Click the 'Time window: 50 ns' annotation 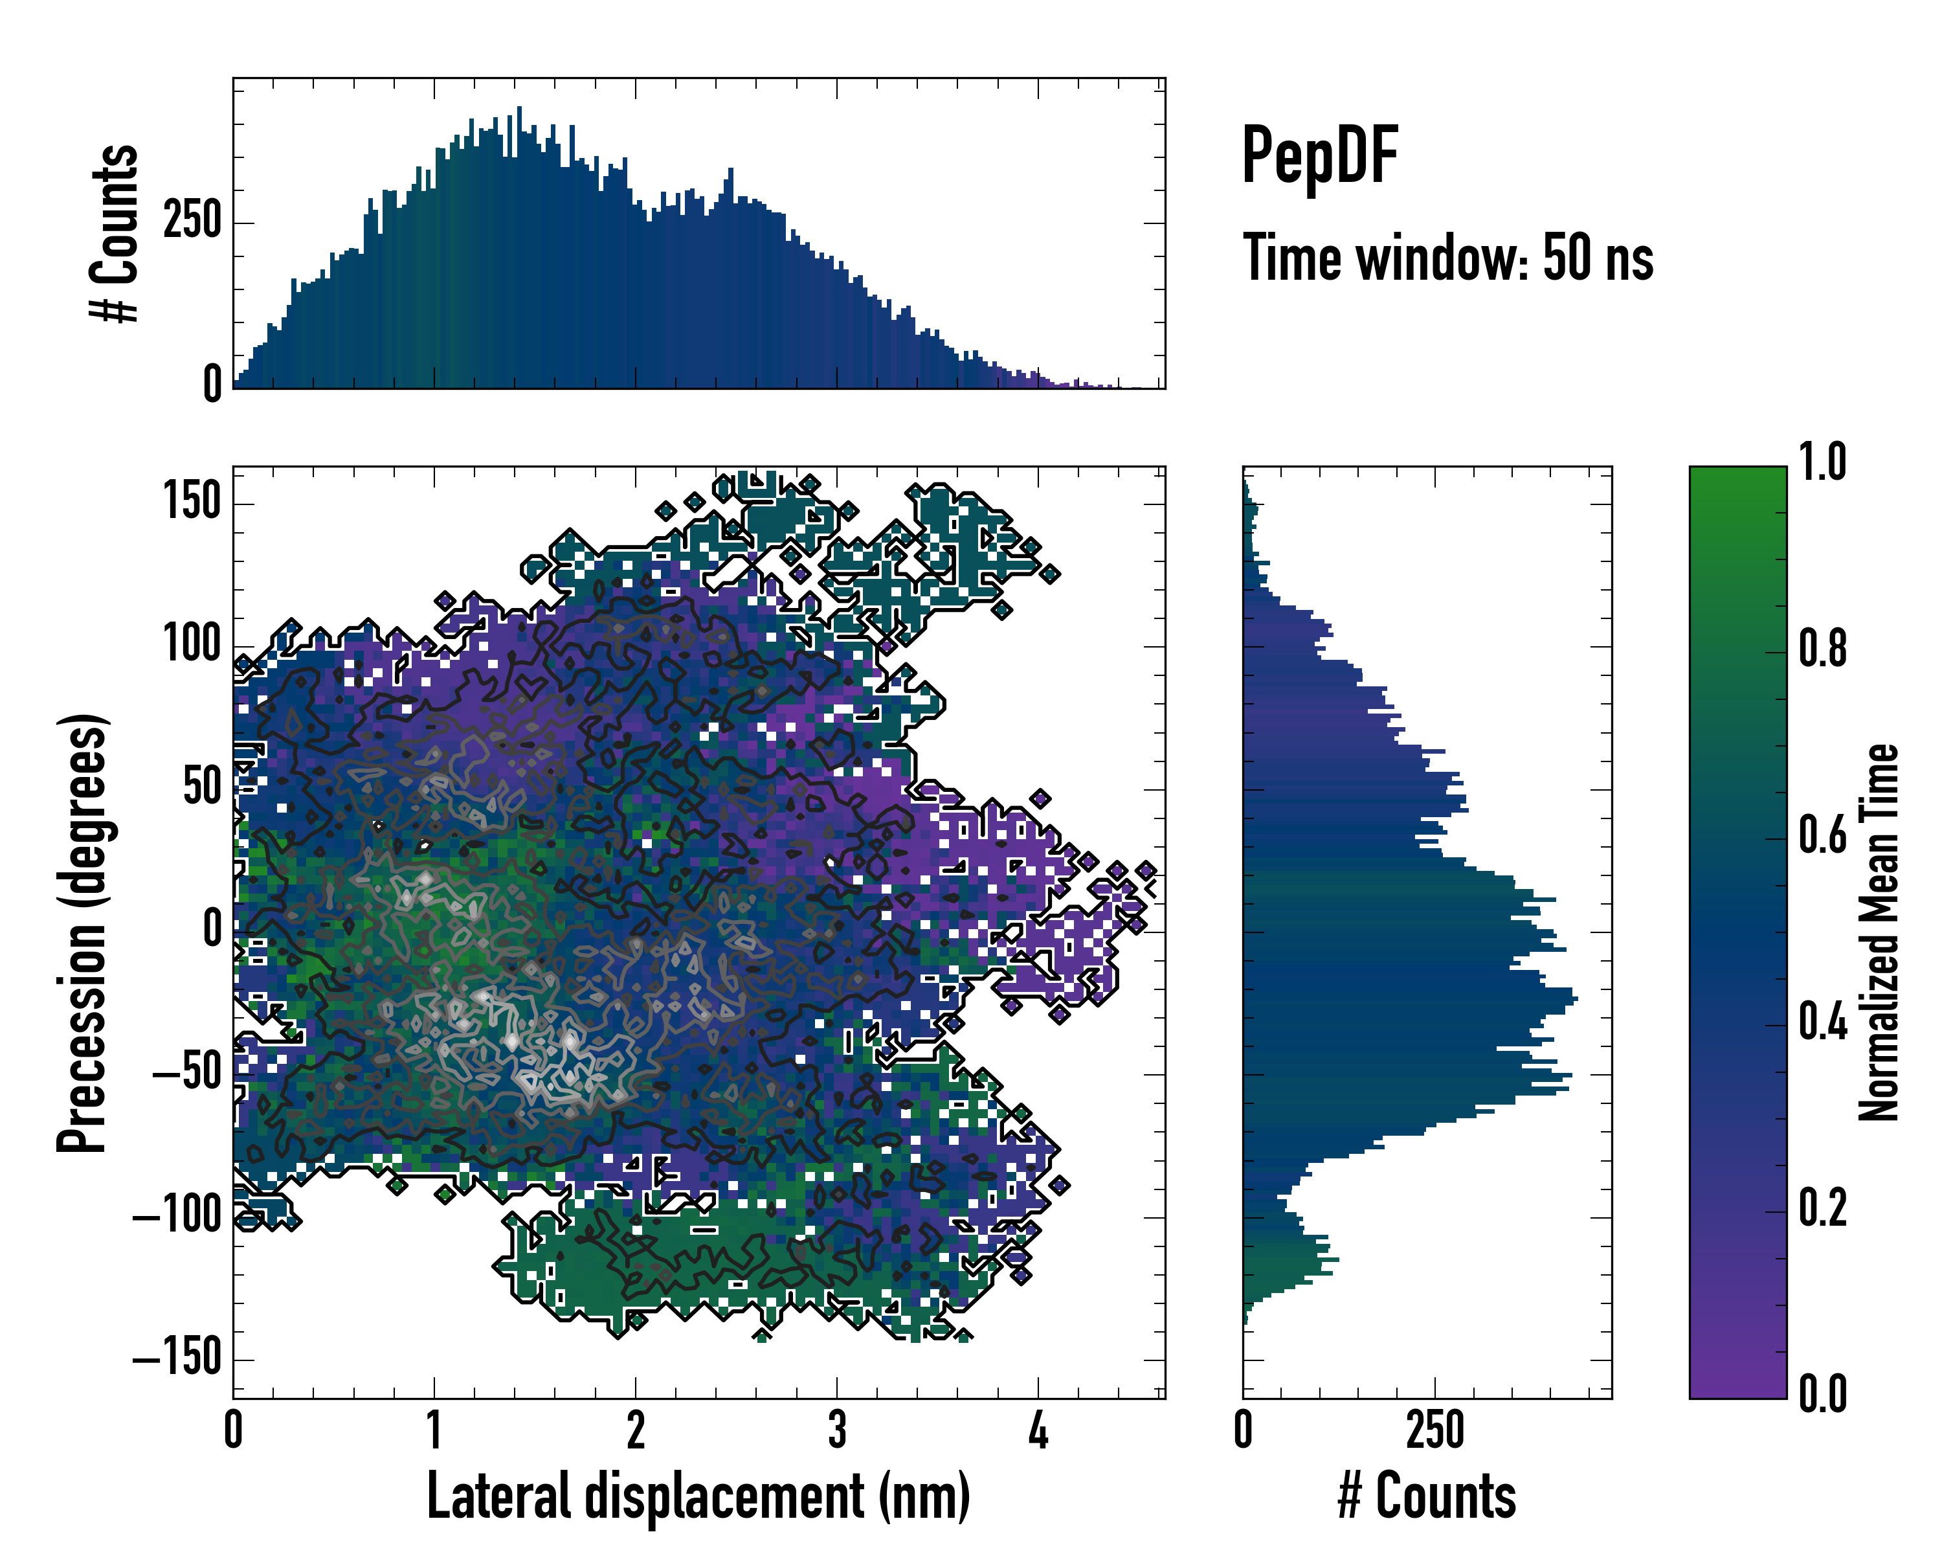[1447, 258]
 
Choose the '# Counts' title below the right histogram [1427, 1496]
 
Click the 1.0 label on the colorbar [1822, 462]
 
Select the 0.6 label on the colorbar [1822, 835]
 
